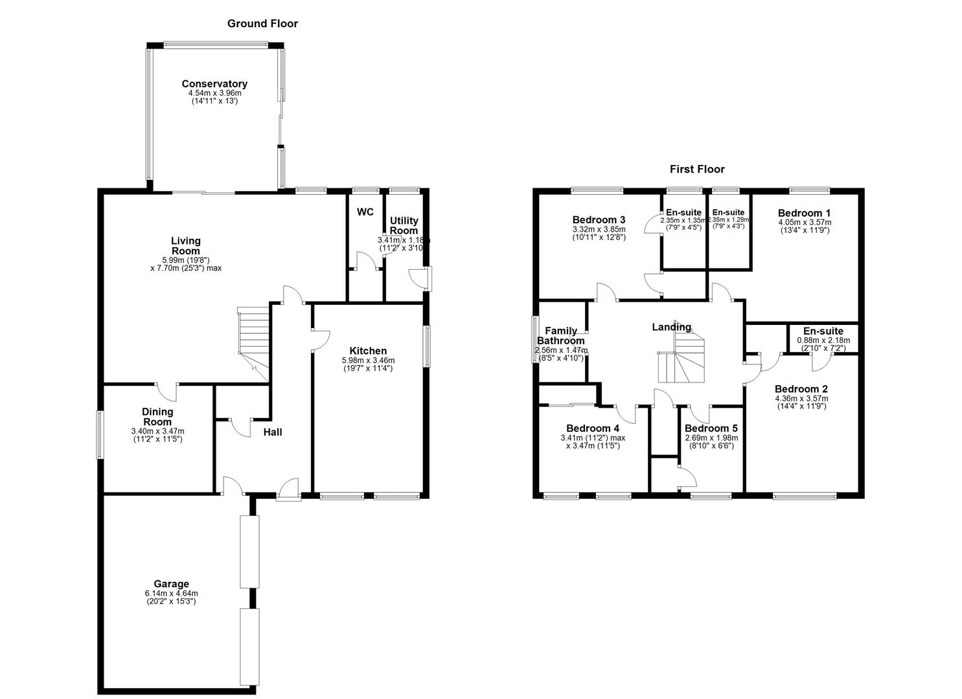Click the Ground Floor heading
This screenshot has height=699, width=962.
coord(262,24)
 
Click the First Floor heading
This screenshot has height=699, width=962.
coord(697,170)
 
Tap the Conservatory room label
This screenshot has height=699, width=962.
coord(214,84)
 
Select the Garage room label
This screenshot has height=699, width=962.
coord(171,584)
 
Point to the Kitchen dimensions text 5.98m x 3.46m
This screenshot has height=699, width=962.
coord(368,361)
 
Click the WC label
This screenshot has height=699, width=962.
coord(365,212)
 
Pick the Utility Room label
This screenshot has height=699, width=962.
coord(404,226)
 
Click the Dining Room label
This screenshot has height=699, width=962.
coord(157,417)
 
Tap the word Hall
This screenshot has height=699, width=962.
coord(273,432)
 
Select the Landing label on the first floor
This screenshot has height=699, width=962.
coord(671,327)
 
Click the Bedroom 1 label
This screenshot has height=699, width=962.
coord(804,213)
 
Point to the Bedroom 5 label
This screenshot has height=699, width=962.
coord(711,428)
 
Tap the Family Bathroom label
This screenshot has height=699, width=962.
coord(560,336)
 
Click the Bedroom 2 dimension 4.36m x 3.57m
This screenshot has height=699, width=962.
coord(801,399)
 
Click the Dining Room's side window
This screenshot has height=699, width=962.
coord(100,434)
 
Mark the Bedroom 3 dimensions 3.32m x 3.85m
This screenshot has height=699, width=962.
coord(599,229)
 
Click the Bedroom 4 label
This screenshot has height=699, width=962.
coord(593,428)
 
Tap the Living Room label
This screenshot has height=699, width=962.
coord(185,246)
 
